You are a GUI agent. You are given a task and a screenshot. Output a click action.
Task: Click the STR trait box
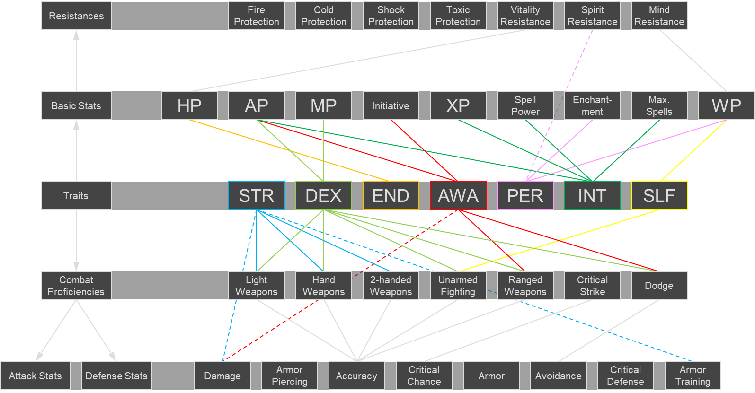coord(256,195)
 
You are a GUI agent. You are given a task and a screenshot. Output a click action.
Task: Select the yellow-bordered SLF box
coord(659,195)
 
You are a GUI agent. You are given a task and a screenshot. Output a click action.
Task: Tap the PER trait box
coord(525,195)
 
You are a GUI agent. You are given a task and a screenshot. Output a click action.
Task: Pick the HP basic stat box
coord(189,105)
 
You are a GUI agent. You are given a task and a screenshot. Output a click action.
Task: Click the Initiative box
coord(391,105)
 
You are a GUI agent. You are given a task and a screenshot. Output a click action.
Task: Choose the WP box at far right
coord(726,105)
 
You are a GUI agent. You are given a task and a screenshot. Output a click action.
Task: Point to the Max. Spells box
coord(659,105)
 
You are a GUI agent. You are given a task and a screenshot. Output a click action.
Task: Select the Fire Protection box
coord(256,16)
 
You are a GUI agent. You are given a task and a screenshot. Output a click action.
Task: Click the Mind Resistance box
coord(659,16)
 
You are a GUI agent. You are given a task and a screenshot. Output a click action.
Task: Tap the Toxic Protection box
coord(458,16)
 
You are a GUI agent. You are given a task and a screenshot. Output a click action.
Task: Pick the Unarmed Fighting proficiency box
coord(458,285)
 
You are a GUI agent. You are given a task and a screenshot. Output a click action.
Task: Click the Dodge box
coord(659,285)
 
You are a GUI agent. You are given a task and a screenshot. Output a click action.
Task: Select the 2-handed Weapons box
coord(391,285)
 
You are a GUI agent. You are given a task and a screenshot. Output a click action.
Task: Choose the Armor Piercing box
coord(289,376)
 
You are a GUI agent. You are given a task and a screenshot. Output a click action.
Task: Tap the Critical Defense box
coord(625,376)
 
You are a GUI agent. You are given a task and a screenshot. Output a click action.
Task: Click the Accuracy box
coord(356,376)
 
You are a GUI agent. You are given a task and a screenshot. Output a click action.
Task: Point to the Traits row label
coord(76,195)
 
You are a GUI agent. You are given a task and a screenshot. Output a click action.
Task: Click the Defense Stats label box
coord(116,376)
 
